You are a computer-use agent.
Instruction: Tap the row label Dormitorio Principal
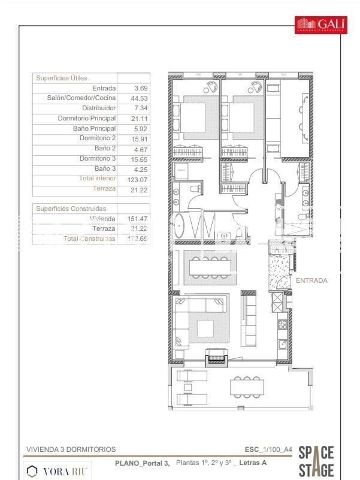coord(86,119)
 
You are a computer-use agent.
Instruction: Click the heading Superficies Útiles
coord(62,78)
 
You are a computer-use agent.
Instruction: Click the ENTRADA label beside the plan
coord(311,280)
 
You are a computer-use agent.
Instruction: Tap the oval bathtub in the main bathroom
coord(180,227)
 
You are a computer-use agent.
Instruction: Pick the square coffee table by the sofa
coord(205,328)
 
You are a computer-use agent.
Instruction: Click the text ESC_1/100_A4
coord(268,449)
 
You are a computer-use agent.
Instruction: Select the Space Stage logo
coord(316,460)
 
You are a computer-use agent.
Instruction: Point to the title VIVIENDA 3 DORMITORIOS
coord(71,449)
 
